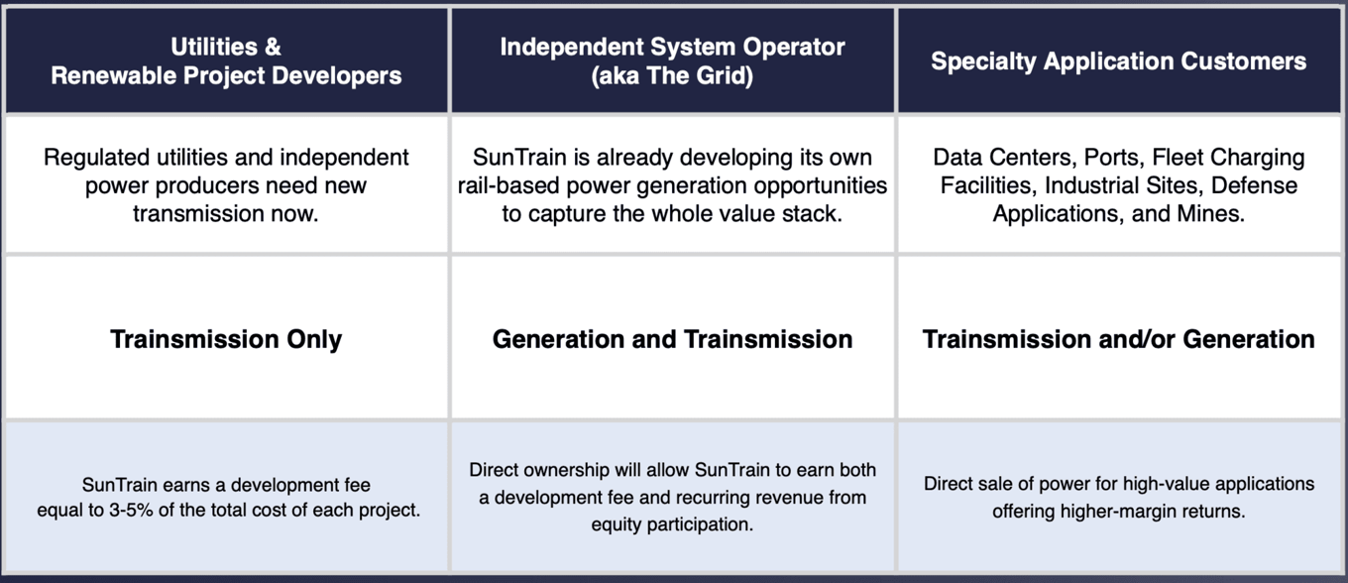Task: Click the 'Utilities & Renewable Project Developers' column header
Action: point(226,60)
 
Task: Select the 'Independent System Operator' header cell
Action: point(672,60)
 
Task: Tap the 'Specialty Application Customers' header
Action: point(1119,60)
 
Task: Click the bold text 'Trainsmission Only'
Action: point(226,339)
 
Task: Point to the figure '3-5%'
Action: point(131,510)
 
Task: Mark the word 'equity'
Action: point(617,525)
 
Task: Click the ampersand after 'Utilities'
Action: point(273,47)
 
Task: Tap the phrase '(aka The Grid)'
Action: point(672,76)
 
